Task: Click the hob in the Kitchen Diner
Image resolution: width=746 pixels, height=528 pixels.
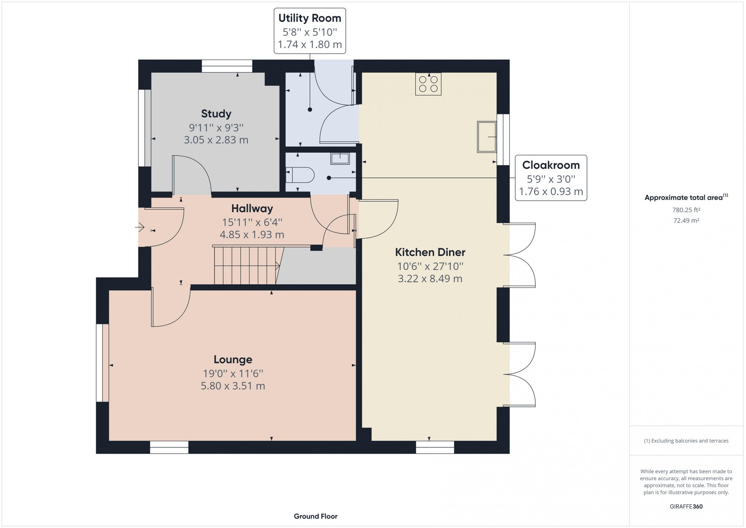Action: tap(428, 84)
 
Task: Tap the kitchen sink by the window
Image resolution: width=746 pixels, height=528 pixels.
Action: tap(487, 137)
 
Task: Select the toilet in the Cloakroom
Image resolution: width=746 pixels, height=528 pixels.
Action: tap(300, 175)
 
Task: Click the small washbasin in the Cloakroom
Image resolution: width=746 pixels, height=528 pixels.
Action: tap(340, 159)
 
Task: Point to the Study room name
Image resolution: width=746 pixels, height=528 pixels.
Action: tap(216, 114)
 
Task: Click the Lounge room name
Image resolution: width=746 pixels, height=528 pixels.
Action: tap(233, 359)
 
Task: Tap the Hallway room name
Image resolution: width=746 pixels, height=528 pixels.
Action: tap(252, 209)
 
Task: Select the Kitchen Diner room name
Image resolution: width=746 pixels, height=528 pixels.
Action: tap(430, 252)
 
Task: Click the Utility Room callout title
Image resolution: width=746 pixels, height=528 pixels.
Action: tap(310, 18)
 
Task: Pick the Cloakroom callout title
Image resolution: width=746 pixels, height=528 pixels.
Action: tap(551, 165)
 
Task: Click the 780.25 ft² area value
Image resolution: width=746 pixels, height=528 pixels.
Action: tap(686, 210)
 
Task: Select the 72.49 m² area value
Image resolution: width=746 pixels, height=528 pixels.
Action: tap(686, 220)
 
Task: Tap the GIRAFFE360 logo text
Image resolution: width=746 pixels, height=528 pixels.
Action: tap(686, 506)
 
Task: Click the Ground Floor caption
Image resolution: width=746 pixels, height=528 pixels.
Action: tap(316, 516)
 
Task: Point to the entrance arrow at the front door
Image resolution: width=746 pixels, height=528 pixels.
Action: tap(140, 227)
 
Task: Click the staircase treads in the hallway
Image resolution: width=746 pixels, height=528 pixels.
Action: tap(246, 266)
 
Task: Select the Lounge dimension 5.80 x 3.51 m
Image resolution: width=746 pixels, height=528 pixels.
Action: tap(233, 386)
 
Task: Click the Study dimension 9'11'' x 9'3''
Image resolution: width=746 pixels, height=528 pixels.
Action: tap(216, 128)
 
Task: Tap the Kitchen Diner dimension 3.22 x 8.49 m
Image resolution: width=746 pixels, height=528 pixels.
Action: tap(430, 279)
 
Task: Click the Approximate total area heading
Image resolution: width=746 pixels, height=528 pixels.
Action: tap(686, 197)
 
